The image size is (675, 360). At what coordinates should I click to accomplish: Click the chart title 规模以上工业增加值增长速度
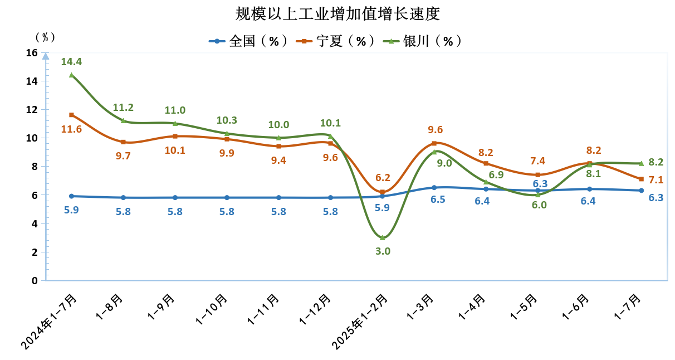click(338, 13)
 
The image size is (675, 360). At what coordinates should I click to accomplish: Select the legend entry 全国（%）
click(248, 41)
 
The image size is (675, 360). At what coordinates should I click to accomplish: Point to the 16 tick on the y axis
click(31, 53)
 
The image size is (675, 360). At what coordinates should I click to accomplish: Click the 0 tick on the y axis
click(35, 280)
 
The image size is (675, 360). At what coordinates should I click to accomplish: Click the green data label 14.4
click(71, 61)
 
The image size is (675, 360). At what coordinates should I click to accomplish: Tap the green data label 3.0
click(383, 251)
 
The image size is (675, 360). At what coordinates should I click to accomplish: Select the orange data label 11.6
click(71, 129)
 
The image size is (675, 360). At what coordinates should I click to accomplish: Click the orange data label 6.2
click(383, 178)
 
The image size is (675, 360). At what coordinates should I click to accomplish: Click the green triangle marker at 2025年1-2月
click(383, 238)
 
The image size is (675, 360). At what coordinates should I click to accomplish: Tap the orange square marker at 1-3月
click(434, 143)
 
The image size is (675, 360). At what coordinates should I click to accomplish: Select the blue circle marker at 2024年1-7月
click(71, 196)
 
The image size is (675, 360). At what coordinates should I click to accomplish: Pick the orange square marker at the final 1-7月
click(642, 179)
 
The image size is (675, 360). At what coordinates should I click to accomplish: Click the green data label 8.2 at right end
click(656, 162)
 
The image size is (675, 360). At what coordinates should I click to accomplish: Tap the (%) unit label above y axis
click(45, 37)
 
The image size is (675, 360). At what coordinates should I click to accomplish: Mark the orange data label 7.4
click(538, 161)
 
